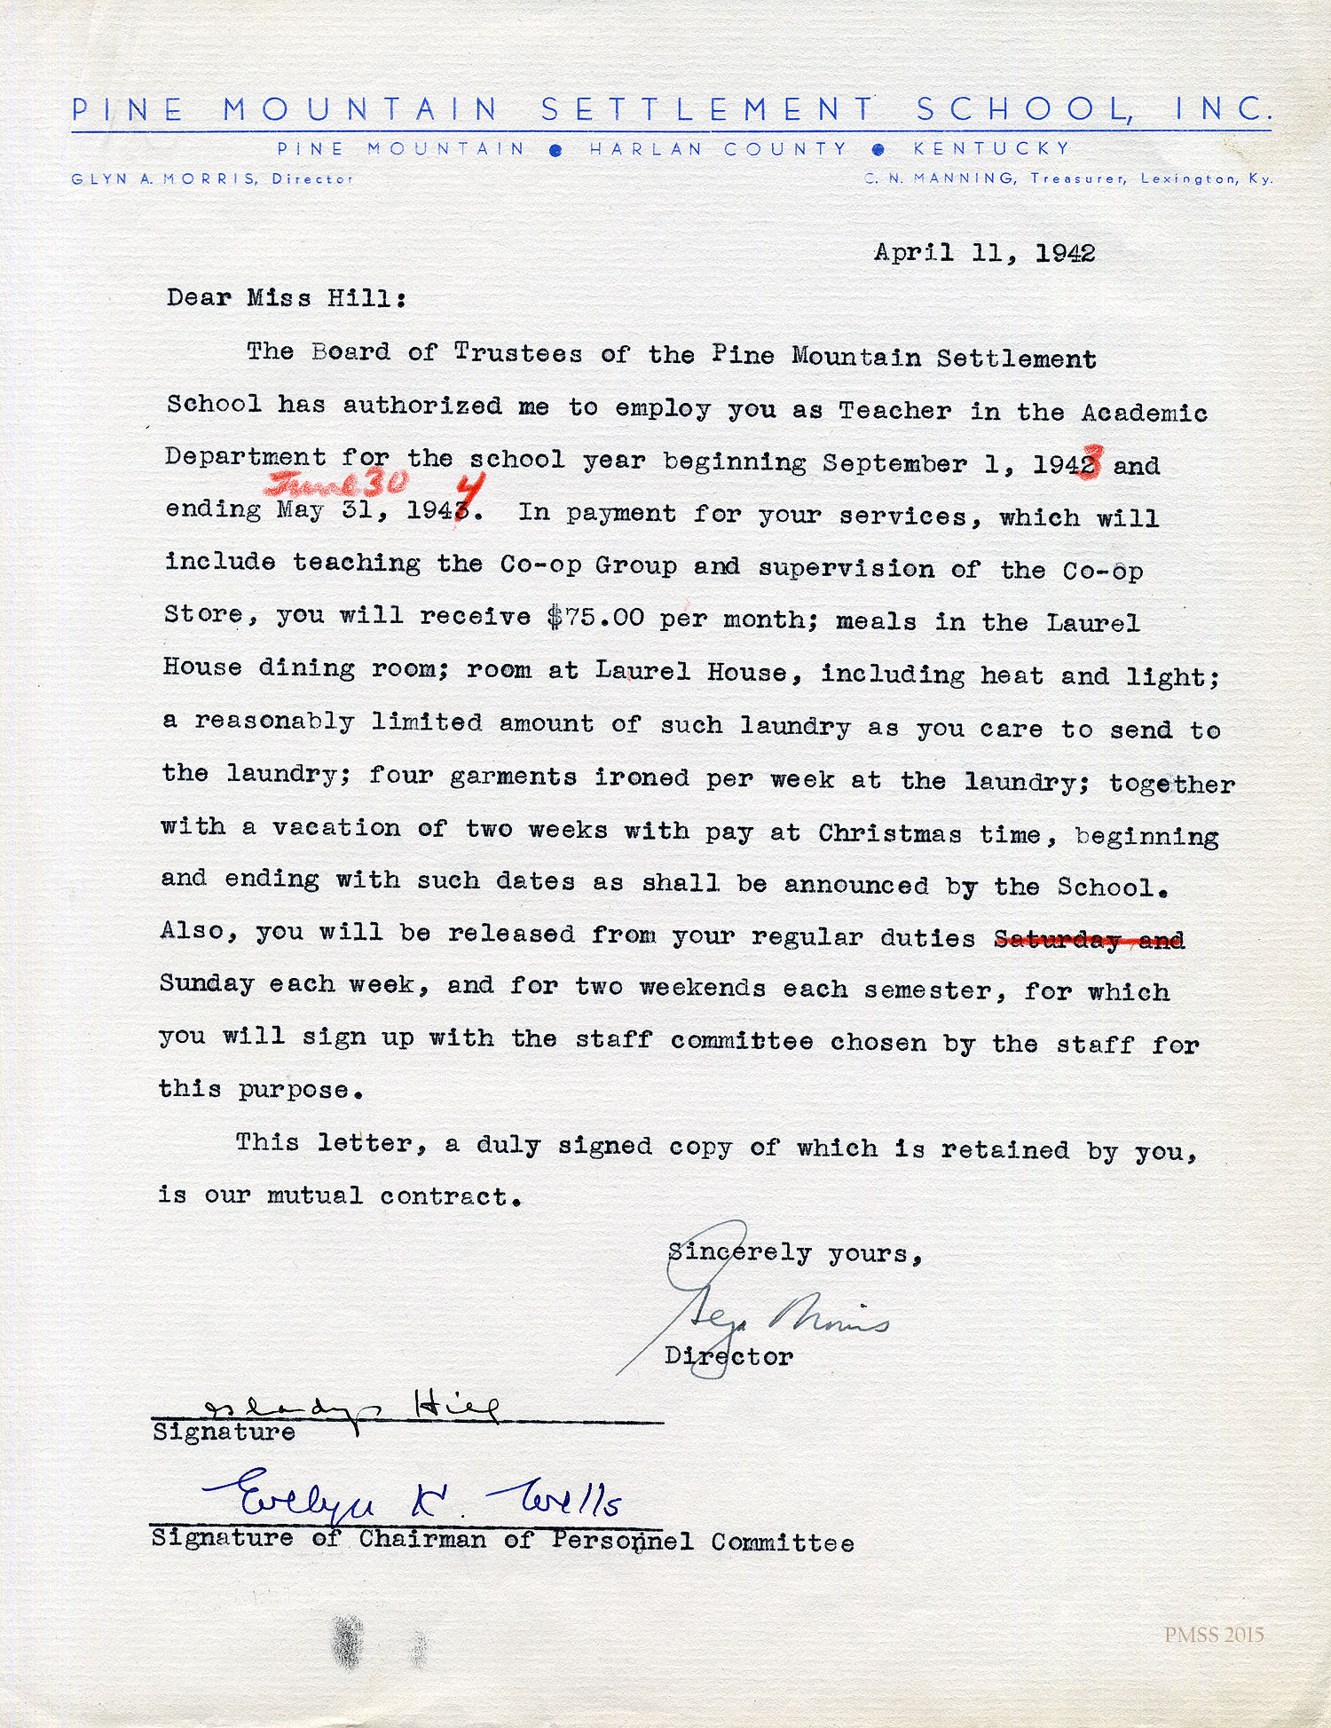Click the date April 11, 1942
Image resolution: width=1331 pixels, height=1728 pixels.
tap(984, 253)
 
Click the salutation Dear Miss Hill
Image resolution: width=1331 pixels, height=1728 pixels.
tap(287, 298)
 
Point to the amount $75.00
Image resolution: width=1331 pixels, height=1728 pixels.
tap(595, 618)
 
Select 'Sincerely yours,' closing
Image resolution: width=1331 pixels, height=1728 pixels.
tap(795, 1253)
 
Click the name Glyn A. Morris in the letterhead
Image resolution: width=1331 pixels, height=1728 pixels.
tap(164, 178)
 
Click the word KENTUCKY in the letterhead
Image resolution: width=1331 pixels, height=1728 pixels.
tap(991, 149)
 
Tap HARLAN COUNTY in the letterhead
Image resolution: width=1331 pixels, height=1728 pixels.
tap(718, 149)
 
